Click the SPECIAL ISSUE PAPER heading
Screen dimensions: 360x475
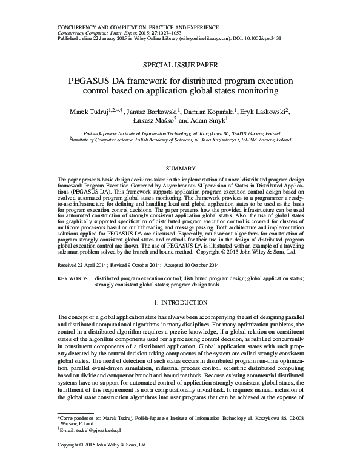click(179, 63)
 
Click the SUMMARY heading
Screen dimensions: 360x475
click(179, 167)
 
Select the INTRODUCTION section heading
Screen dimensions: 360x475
click(184, 302)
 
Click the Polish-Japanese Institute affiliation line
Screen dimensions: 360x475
click(179, 131)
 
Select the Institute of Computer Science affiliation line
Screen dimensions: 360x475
click(179, 138)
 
